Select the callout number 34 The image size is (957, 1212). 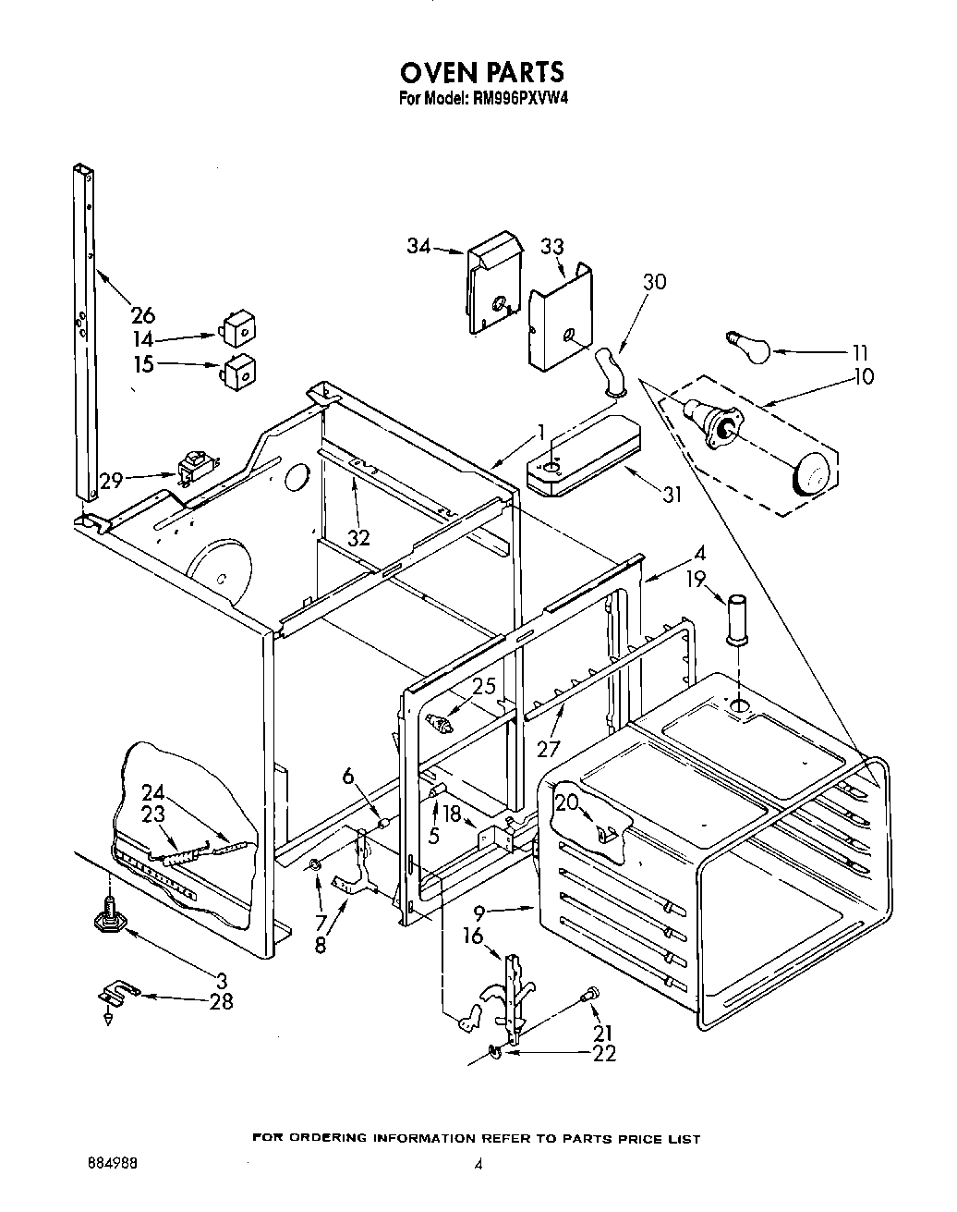point(419,246)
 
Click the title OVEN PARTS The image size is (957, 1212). point(480,72)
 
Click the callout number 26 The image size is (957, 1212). point(143,315)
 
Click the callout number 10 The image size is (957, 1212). point(865,376)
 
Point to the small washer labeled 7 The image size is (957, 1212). point(316,865)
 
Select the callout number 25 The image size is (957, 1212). point(484,687)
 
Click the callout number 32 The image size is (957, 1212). point(357,536)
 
